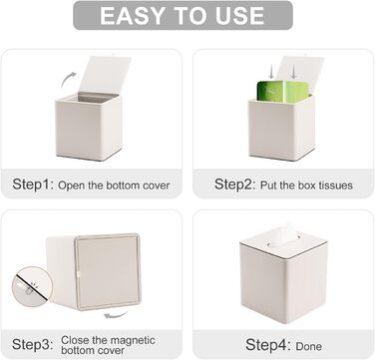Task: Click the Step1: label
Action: [33, 184]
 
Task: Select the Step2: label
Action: [235, 184]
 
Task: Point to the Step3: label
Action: [33, 344]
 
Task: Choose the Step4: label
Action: [266, 344]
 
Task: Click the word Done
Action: [309, 346]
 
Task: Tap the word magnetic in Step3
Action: [133, 340]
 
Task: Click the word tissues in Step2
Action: [335, 185]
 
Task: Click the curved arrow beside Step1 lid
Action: [68, 79]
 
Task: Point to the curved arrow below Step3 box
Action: [116, 314]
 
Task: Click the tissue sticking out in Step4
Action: [283, 234]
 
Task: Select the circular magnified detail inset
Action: [32, 286]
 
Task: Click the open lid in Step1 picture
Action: [106, 75]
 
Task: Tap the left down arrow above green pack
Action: [271, 72]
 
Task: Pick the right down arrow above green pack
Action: [293, 72]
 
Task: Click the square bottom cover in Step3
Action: [108, 271]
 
